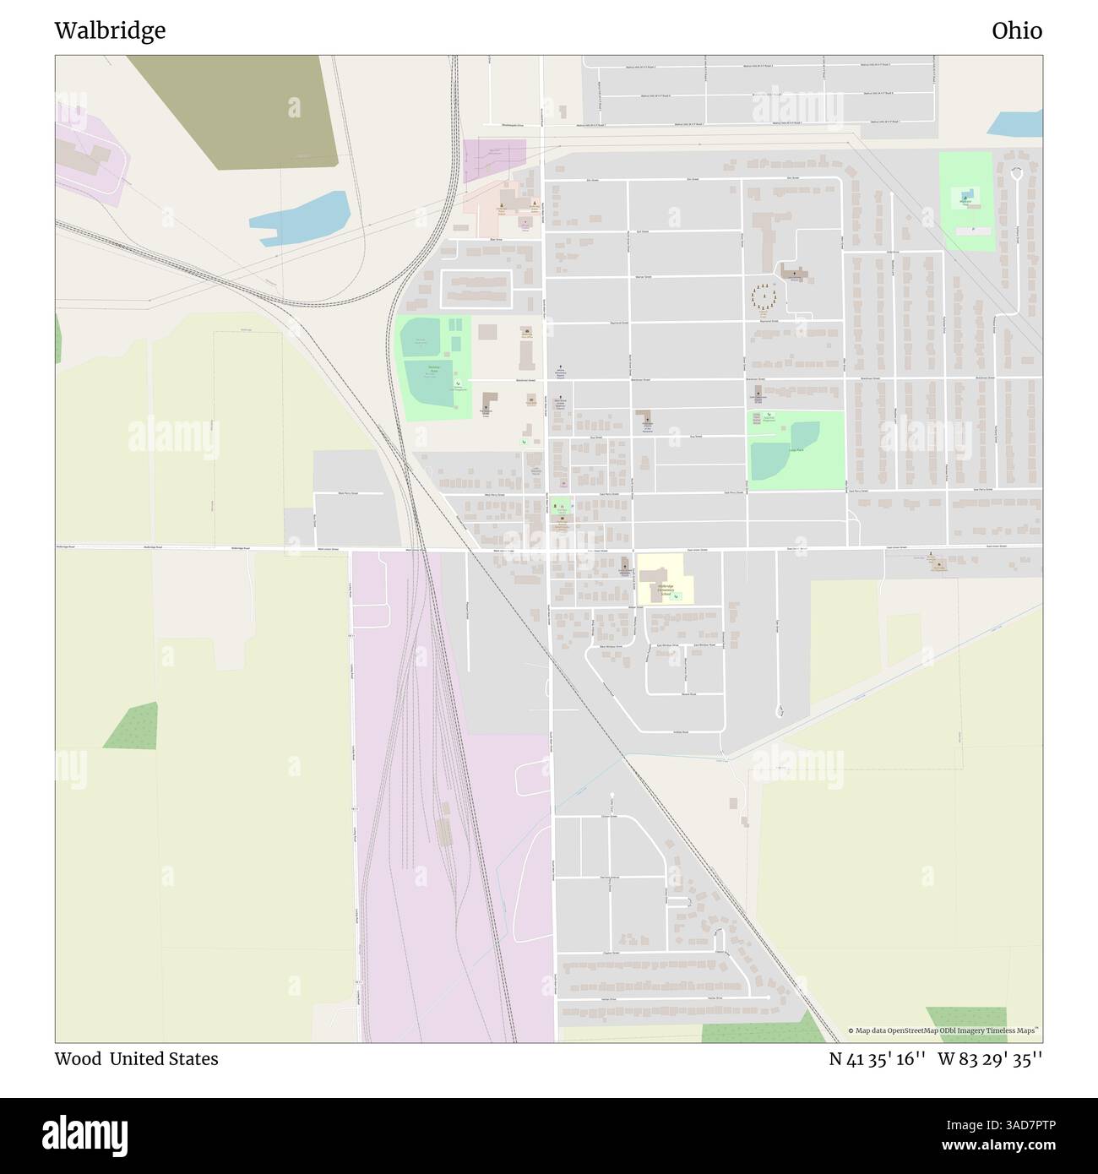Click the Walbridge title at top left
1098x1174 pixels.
pyautogui.click(x=110, y=30)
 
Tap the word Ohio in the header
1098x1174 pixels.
pyautogui.click(x=1016, y=30)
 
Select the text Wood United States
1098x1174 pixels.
pyautogui.click(x=136, y=1058)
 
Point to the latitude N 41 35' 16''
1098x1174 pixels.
pyautogui.click(x=876, y=1058)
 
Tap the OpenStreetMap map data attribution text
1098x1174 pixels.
pyautogui.click(x=943, y=1030)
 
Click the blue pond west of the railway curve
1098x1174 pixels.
pyautogui.click(x=300, y=217)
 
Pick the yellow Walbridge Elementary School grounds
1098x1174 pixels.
pyautogui.click(x=666, y=579)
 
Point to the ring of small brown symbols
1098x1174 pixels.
pyautogui.click(x=765, y=296)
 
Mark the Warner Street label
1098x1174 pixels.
pyautogui.click(x=644, y=276)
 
